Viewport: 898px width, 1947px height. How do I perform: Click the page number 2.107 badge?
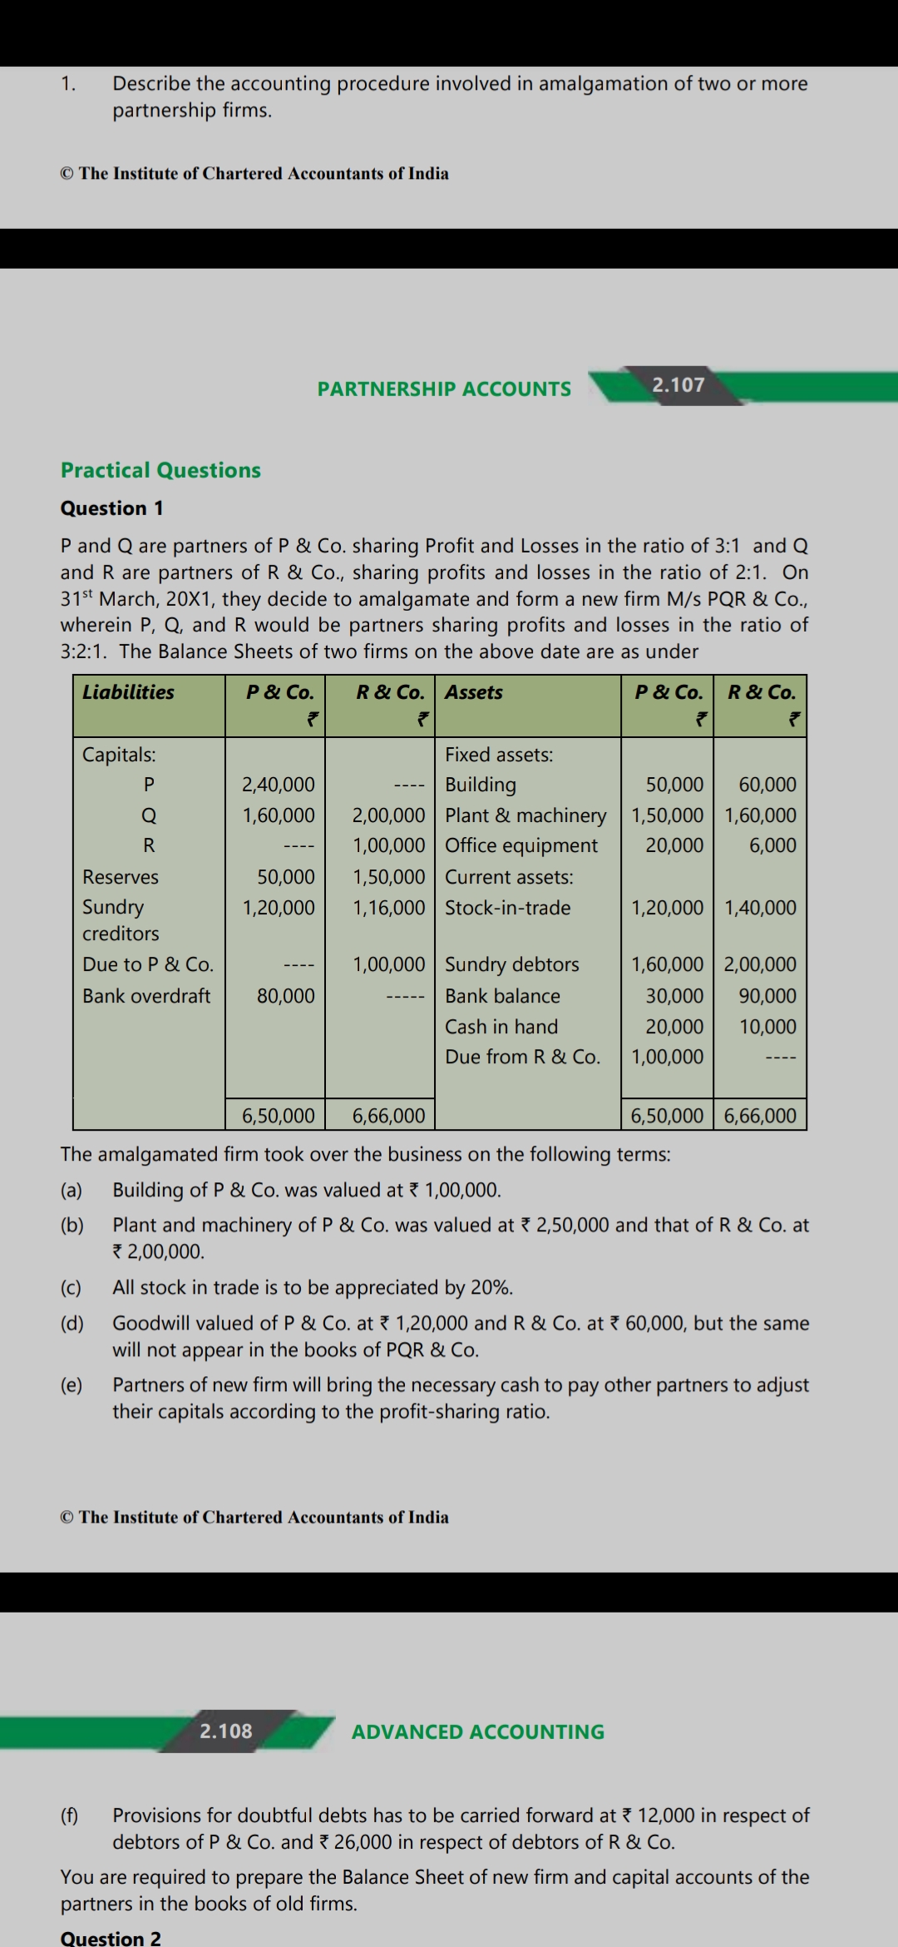pyautogui.click(x=678, y=385)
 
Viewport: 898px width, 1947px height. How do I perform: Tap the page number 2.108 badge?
pyautogui.click(x=225, y=1731)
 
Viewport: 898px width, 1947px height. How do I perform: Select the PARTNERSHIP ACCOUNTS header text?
pyautogui.click(x=444, y=389)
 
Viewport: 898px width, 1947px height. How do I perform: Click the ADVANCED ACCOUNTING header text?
pyautogui.click(x=478, y=1732)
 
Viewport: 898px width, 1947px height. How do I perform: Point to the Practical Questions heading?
pyautogui.click(x=160, y=470)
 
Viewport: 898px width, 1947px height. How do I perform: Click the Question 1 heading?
pyautogui.click(x=111, y=508)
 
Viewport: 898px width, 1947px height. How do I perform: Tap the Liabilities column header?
pyautogui.click(x=128, y=692)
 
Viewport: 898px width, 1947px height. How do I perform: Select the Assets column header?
pyautogui.click(x=474, y=692)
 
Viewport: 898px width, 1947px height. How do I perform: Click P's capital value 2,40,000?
pyautogui.click(x=278, y=785)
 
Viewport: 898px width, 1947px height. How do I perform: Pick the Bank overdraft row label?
pyautogui.click(x=146, y=996)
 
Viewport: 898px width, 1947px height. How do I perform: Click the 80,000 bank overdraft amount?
pyautogui.click(x=285, y=996)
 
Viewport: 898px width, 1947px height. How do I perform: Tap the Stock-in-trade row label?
pyautogui.click(x=507, y=908)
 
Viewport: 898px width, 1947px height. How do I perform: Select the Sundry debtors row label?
pyautogui.click(x=511, y=964)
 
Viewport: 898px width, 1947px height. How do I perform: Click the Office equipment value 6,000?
pyautogui.click(x=772, y=845)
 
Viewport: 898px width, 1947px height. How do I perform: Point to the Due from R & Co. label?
pyautogui.click(x=522, y=1057)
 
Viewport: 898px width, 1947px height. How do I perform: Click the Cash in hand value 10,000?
pyautogui.click(x=767, y=1027)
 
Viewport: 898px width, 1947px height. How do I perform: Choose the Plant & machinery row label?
pyautogui.click(x=525, y=815)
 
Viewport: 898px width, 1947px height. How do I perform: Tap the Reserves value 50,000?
pyautogui.click(x=285, y=877)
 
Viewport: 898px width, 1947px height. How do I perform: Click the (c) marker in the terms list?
pyautogui.click(x=72, y=1288)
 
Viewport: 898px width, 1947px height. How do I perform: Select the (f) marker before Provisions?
pyautogui.click(x=71, y=1816)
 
